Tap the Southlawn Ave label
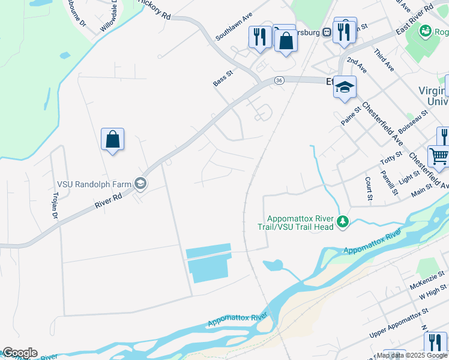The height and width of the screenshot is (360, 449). coord(234,27)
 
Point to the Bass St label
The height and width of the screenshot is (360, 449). coord(223,79)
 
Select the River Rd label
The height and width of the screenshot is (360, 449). coord(108,200)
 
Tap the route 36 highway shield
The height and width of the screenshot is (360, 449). coord(279,80)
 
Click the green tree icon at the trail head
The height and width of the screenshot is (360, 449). coord(343,223)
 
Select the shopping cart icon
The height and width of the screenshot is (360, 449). coord(439,157)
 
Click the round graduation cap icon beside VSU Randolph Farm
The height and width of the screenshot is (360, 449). coord(140,183)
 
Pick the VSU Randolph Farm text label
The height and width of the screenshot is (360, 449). coord(95,183)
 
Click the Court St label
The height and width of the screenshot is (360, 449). coord(368,188)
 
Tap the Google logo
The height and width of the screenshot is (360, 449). coord(19,353)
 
